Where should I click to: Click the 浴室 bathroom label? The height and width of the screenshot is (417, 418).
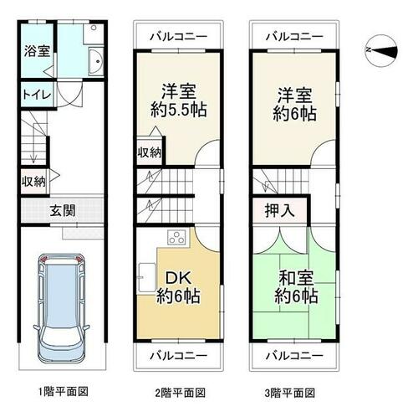(x=37, y=51)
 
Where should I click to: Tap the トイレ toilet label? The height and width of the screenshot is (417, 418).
(x=37, y=95)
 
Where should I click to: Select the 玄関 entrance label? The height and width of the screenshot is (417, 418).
(x=63, y=210)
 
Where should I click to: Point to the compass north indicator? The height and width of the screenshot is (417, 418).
(x=381, y=50)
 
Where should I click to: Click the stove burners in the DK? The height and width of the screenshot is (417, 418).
(x=177, y=237)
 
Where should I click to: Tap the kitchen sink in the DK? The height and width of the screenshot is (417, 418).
(x=147, y=277)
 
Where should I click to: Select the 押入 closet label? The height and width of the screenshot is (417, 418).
(x=279, y=210)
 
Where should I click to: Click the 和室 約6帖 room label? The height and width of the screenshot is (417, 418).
(x=296, y=287)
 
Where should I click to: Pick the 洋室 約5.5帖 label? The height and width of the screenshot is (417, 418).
(x=179, y=100)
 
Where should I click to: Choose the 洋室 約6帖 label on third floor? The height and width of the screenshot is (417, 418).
(x=294, y=105)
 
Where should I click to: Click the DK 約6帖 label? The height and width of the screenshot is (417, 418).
(x=178, y=287)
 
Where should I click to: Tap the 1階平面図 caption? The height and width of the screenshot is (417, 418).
(x=64, y=392)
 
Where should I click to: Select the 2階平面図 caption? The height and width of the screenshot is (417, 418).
(x=180, y=393)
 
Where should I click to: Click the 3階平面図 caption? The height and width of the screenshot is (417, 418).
(x=289, y=393)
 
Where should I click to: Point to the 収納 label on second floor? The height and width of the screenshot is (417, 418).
(x=150, y=152)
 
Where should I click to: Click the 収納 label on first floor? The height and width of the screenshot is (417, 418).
(x=33, y=182)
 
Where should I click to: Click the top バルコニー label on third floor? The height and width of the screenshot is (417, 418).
(x=294, y=37)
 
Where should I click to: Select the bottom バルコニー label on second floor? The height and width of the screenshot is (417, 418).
(x=179, y=356)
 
